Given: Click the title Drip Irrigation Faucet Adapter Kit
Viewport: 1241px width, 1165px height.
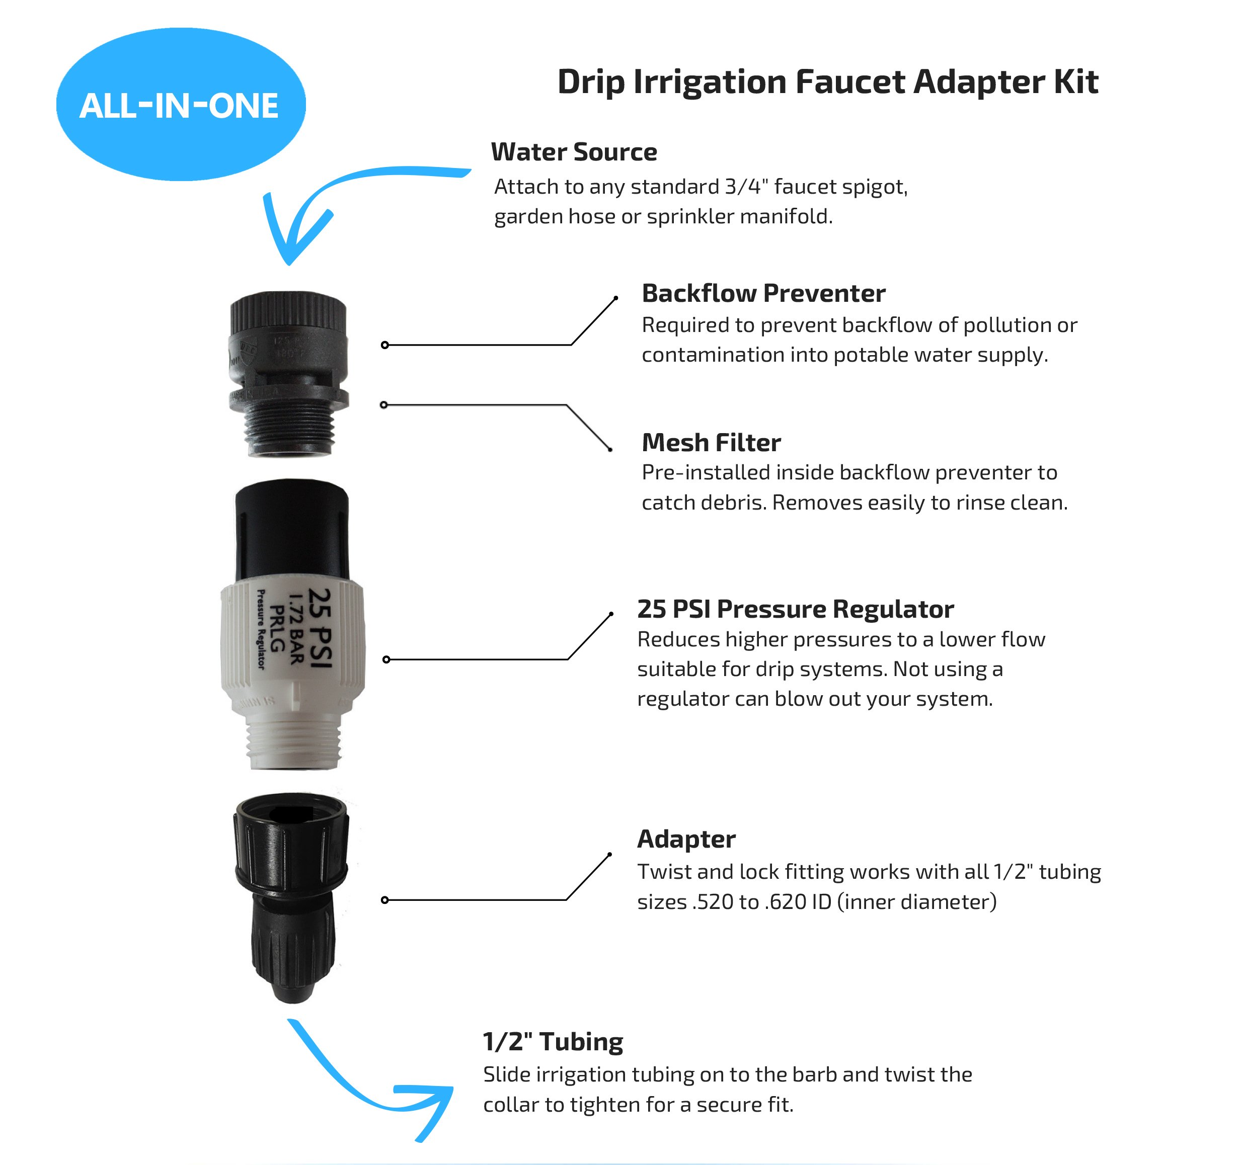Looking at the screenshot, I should click(x=827, y=82).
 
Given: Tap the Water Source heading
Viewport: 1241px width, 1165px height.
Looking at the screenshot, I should click(x=574, y=151).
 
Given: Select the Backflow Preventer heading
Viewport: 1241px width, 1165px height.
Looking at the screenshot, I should click(x=763, y=293).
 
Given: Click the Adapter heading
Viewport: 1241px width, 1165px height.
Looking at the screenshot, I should click(x=685, y=839).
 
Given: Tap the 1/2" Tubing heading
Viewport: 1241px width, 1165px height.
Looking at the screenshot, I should click(x=553, y=1041).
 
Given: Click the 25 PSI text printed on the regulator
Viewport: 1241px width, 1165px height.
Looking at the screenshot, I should click(x=320, y=628).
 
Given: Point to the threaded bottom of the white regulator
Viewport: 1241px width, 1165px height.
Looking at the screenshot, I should click(x=293, y=742).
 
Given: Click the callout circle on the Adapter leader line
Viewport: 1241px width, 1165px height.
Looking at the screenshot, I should click(x=385, y=900).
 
